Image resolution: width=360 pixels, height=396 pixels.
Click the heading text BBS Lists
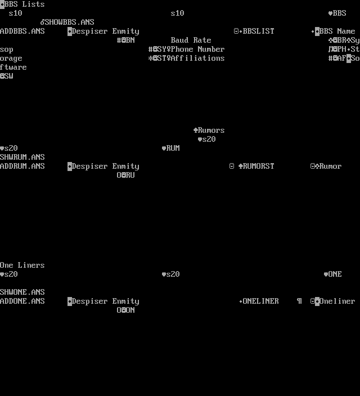(x=25, y=4)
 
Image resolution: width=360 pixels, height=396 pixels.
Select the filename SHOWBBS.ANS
(x=70, y=22)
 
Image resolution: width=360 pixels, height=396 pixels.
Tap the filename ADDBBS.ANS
(x=22, y=31)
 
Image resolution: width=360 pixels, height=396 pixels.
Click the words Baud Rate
(x=191, y=40)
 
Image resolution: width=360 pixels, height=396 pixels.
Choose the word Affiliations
(x=198, y=58)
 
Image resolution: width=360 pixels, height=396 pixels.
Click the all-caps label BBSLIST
(x=259, y=31)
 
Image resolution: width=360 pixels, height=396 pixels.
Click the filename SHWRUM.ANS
(x=22, y=157)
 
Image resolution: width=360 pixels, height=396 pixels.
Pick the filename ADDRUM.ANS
(x=22, y=166)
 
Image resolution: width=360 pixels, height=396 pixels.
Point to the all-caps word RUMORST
(x=259, y=166)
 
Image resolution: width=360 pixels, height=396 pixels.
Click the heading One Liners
(x=22, y=265)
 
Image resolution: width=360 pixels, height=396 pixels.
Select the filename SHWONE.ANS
(x=22, y=292)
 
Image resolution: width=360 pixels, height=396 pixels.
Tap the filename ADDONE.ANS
(x=22, y=301)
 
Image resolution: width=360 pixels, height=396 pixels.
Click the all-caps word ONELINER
(x=261, y=301)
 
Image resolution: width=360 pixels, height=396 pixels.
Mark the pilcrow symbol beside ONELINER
(x=299, y=301)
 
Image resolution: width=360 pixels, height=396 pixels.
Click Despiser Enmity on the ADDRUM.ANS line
(x=106, y=166)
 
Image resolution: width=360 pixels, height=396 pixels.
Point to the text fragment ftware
(x=13, y=67)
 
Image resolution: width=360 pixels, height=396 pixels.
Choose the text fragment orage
(x=11, y=58)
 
